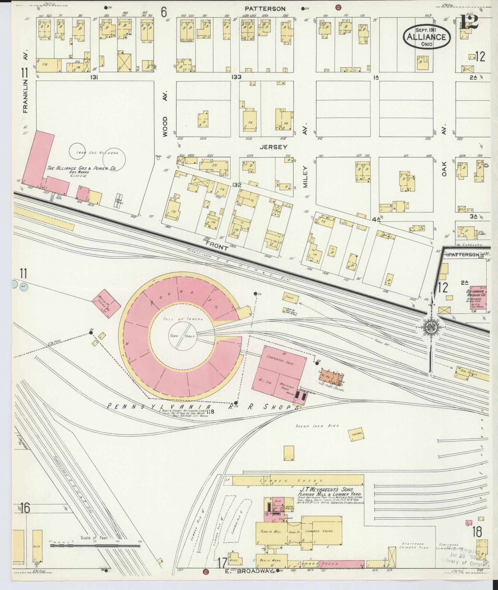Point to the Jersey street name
(273, 147)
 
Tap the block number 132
(236, 185)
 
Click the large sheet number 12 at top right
(468, 21)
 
